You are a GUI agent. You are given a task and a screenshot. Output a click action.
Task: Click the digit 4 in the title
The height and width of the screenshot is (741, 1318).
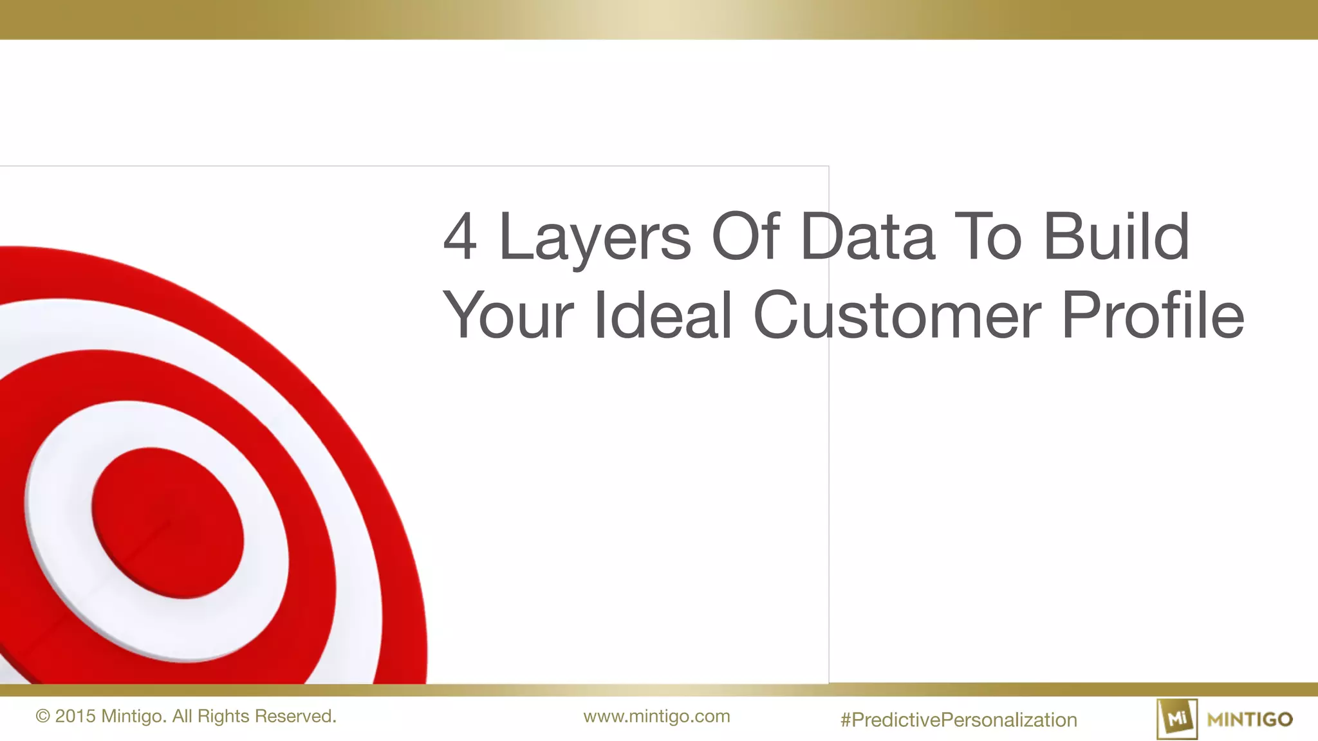(460, 237)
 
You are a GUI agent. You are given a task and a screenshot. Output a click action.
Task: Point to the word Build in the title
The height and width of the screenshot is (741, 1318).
(1116, 237)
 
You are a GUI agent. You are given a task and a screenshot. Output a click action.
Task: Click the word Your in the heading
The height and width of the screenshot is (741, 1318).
(508, 315)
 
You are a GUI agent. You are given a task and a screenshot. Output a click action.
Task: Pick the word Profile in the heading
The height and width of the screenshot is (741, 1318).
(1153, 315)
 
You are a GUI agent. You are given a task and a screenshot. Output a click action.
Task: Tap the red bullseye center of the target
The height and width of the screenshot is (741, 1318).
(168, 523)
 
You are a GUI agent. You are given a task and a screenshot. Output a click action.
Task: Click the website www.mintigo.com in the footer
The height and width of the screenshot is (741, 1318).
(656, 717)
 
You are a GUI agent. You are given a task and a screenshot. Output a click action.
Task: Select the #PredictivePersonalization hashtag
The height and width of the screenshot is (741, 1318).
(958, 720)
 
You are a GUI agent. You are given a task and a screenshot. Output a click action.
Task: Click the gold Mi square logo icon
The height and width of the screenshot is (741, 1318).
(1177, 719)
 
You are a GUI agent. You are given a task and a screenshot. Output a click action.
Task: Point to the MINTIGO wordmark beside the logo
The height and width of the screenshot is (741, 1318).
(1250, 719)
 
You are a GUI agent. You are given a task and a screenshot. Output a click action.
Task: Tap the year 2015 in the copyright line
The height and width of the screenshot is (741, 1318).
(75, 717)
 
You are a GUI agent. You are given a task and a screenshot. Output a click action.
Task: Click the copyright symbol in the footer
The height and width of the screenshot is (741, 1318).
(43, 717)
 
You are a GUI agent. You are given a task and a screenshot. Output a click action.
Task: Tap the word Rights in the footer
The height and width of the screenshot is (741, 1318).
(223, 717)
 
